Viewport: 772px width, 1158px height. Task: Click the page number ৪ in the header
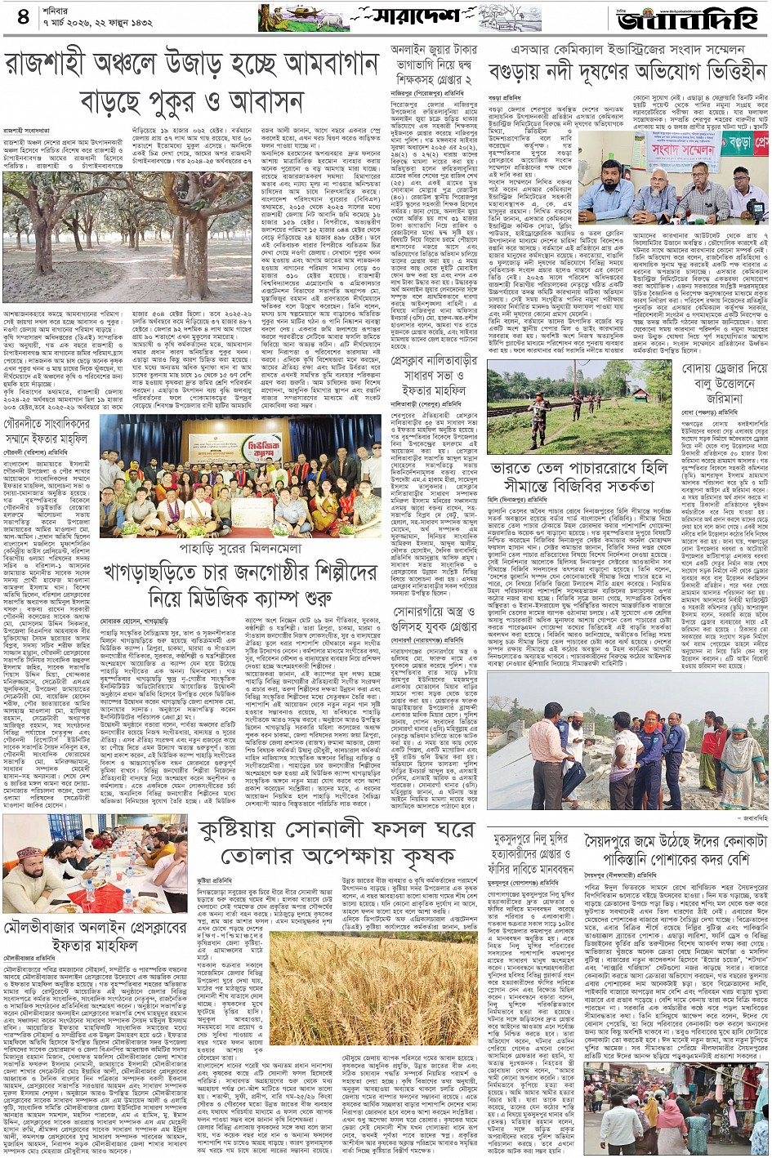(22, 16)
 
